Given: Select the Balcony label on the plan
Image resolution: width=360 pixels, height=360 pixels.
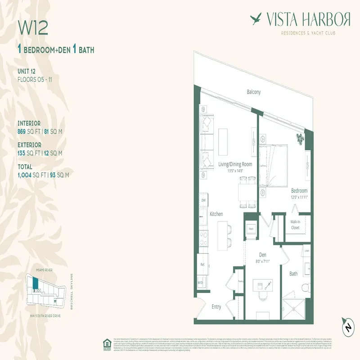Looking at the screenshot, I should [x=253, y=92].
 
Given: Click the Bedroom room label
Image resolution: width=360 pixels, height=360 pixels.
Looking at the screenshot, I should [x=299, y=191].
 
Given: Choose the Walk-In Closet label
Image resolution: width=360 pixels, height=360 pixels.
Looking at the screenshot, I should [x=295, y=225].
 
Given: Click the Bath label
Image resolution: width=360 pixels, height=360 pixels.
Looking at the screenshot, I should [x=293, y=273].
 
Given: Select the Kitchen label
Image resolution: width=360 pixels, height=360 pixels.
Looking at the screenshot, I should [x=216, y=214].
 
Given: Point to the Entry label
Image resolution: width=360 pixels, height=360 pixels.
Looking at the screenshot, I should [x=216, y=306].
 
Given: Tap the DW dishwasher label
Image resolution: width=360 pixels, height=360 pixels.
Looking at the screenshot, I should [x=203, y=200].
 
